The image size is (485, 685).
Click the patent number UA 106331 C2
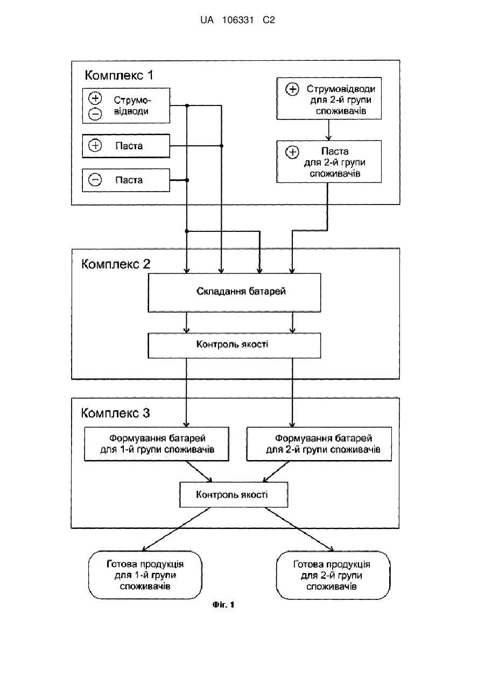pos(237,20)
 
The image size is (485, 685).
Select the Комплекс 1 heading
pos(119,75)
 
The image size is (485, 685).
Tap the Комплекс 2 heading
pos(116,264)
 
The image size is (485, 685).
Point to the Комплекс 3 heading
pos(115,413)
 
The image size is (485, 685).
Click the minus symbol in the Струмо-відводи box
pos(95,114)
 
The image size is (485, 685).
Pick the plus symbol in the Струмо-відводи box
pos(95,98)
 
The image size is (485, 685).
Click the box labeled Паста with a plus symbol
pos(126,146)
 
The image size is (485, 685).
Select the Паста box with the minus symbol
pos(126,180)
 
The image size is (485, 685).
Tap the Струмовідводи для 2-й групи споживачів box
pos(329,98)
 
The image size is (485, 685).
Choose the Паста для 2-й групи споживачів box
pos(329,162)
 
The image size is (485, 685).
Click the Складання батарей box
pos(234,293)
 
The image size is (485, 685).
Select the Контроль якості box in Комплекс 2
pos(234,345)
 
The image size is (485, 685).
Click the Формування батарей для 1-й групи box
pos(157,444)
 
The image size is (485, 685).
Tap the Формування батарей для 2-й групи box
pos(319,444)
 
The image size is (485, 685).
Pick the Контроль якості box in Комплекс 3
pos(234,495)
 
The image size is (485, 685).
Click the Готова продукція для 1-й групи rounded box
pos(145,575)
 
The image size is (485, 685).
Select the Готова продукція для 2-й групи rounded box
pos(333,575)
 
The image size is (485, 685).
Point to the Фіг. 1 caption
pos(223,605)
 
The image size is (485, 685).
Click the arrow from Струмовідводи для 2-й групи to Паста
pos(329,130)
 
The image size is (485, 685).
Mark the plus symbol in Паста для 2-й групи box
pos(292,152)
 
